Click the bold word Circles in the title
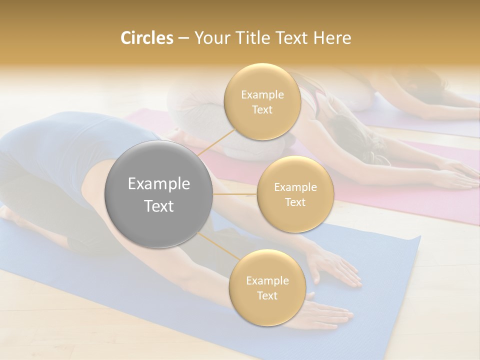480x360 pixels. click(x=146, y=38)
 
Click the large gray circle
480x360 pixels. click(x=159, y=194)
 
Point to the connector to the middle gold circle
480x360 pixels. click(x=235, y=194)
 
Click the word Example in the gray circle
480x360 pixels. click(x=159, y=184)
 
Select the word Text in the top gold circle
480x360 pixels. click(x=262, y=109)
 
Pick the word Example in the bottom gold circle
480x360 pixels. click(x=267, y=281)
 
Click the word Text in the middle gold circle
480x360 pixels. click(x=295, y=202)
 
